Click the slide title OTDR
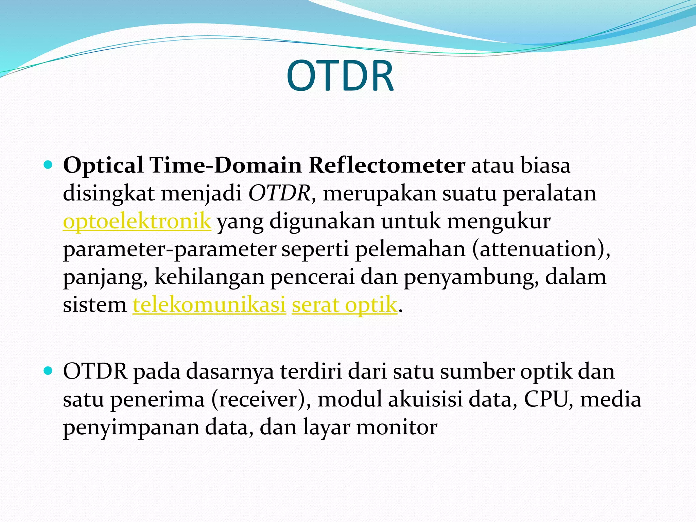[340, 76]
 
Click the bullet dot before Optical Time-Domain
[48, 166]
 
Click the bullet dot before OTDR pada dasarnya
[48, 371]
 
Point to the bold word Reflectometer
[386, 166]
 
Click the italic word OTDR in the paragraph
[279, 194]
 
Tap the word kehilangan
[209, 277]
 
